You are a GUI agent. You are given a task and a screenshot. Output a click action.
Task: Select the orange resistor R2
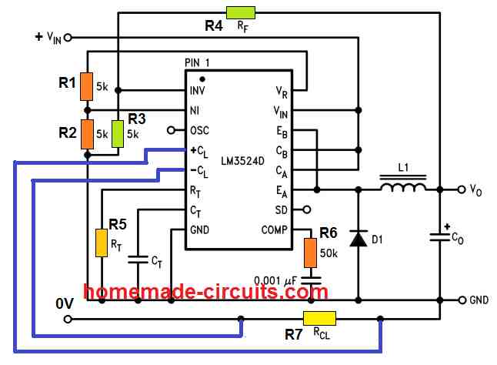[88, 132]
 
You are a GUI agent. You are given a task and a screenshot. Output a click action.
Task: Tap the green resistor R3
[118, 132]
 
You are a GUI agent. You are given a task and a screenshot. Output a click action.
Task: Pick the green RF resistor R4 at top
[241, 12]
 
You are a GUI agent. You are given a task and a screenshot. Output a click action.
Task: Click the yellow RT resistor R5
[101, 243]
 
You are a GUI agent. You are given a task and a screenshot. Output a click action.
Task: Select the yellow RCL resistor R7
[319, 318]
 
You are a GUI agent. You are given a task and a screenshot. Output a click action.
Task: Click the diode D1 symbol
[359, 238]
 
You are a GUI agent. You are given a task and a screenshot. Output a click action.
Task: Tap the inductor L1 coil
[402, 187]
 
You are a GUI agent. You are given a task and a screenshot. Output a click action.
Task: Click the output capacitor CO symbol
[439, 239]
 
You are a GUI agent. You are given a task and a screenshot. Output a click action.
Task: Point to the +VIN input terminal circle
[68, 36]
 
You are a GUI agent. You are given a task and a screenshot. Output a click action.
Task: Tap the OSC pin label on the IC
[199, 130]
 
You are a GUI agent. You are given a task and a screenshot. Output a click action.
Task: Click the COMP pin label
[275, 229]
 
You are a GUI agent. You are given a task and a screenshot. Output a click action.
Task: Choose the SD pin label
[281, 209]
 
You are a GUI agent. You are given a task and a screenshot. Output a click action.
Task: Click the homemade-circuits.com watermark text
[207, 292]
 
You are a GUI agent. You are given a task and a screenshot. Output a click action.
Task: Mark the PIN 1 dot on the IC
[202, 78]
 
